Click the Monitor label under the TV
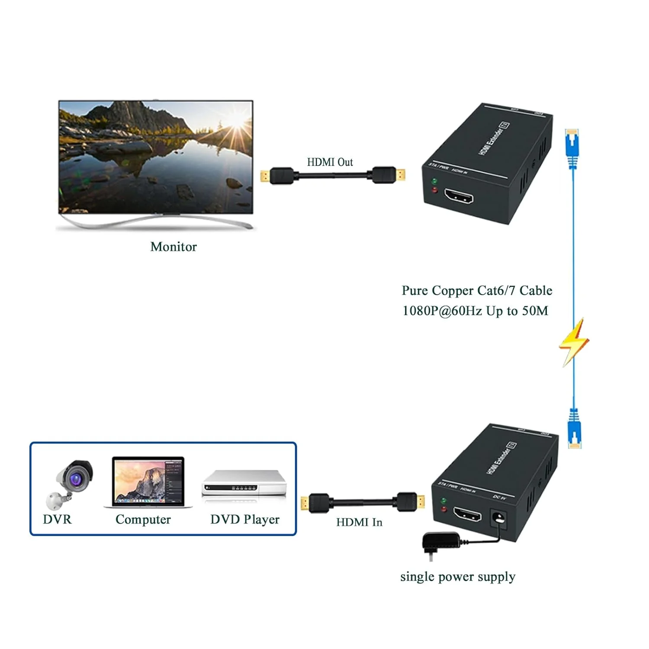[x=173, y=247]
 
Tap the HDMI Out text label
[x=330, y=162]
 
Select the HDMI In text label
[x=359, y=522]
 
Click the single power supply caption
[x=458, y=577]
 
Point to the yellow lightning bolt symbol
[x=574, y=342]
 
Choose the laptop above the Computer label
[x=148, y=482]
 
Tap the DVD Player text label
[x=245, y=519]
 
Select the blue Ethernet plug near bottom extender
[x=574, y=429]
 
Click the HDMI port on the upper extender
[x=458, y=198]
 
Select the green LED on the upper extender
[x=434, y=181]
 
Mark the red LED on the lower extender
[x=443, y=509]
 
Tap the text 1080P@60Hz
[x=442, y=311]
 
